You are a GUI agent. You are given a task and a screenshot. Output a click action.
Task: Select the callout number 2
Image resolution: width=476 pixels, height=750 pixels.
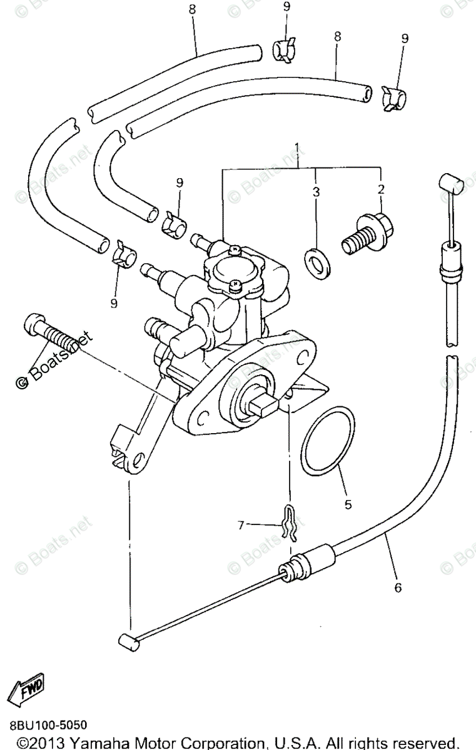(380, 189)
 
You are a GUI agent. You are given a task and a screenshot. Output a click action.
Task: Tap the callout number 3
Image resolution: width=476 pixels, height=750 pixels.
(316, 192)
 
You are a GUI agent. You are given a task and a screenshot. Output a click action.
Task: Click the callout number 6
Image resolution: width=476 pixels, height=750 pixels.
(398, 587)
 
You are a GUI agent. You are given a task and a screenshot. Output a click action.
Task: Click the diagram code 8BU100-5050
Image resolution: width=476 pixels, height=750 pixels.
(48, 725)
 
